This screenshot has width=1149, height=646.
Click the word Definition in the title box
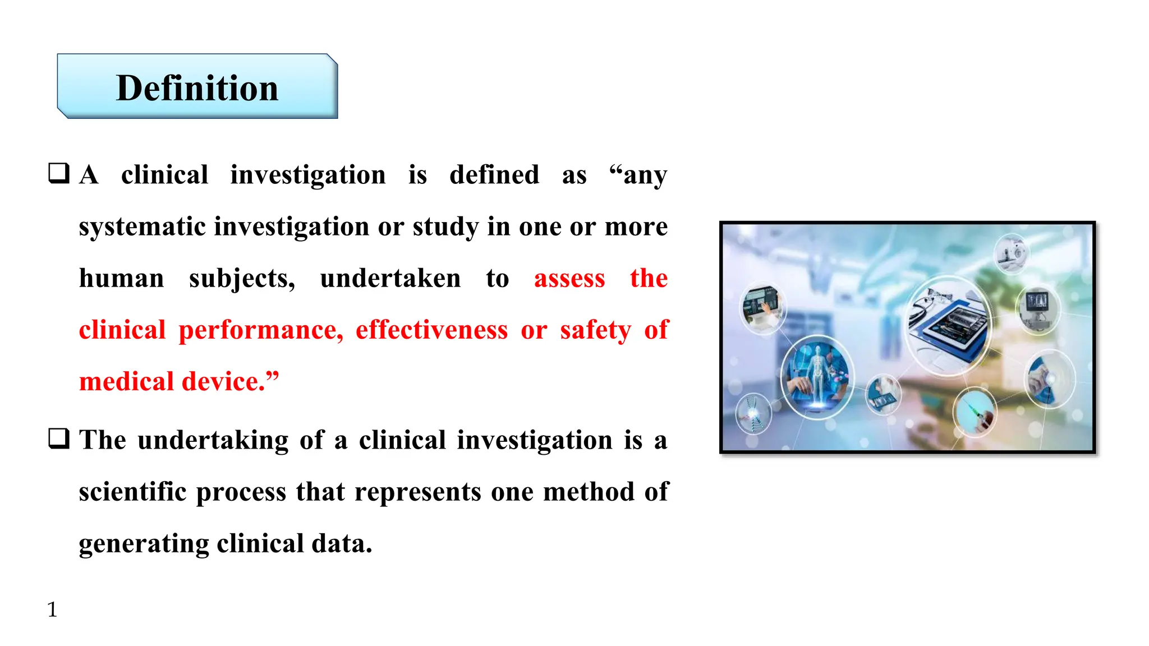click(x=197, y=88)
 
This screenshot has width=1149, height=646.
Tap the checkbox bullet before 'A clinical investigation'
click(x=59, y=173)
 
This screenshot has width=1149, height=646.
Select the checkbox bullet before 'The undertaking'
click(x=59, y=439)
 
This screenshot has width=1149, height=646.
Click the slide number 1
click(x=52, y=609)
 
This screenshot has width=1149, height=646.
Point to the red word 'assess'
click(x=569, y=278)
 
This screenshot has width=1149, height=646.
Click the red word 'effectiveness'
click(x=431, y=330)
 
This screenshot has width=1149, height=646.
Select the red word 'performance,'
click(x=261, y=330)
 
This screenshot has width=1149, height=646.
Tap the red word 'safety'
click(x=595, y=330)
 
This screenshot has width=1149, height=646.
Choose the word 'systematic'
click(x=143, y=227)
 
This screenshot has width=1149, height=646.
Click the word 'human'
click(x=122, y=278)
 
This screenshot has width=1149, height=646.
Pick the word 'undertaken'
click(x=390, y=278)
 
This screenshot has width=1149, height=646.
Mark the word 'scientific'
click(x=132, y=492)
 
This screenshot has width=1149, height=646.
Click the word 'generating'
click(x=144, y=543)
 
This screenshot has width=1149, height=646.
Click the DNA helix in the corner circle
click(x=753, y=413)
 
